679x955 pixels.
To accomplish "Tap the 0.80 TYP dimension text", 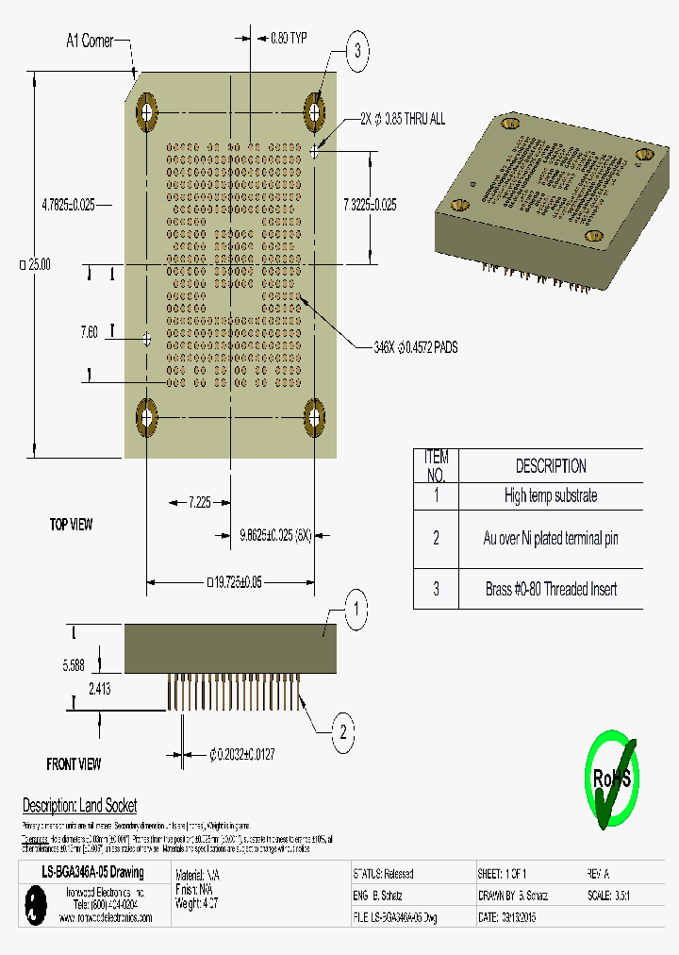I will click(289, 39).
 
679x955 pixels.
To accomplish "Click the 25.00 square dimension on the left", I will click(35, 264).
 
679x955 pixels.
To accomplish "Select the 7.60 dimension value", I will click(89, 331).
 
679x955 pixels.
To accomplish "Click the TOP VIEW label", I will click(71, 524).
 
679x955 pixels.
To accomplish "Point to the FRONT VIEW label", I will click(74, 763).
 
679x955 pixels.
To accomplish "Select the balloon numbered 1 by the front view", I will click(356, 610).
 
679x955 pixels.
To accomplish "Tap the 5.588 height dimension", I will click(74, 664).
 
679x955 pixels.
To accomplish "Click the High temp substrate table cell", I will click(550, 495).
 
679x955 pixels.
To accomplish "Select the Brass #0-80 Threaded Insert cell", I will click(550, 589).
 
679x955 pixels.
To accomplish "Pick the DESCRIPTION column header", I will click(550, 466).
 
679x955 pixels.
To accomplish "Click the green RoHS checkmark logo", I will click(611, 779).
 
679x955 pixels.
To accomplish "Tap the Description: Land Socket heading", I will click(79, 805).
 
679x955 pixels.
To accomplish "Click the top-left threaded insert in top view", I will click(147, 112).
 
